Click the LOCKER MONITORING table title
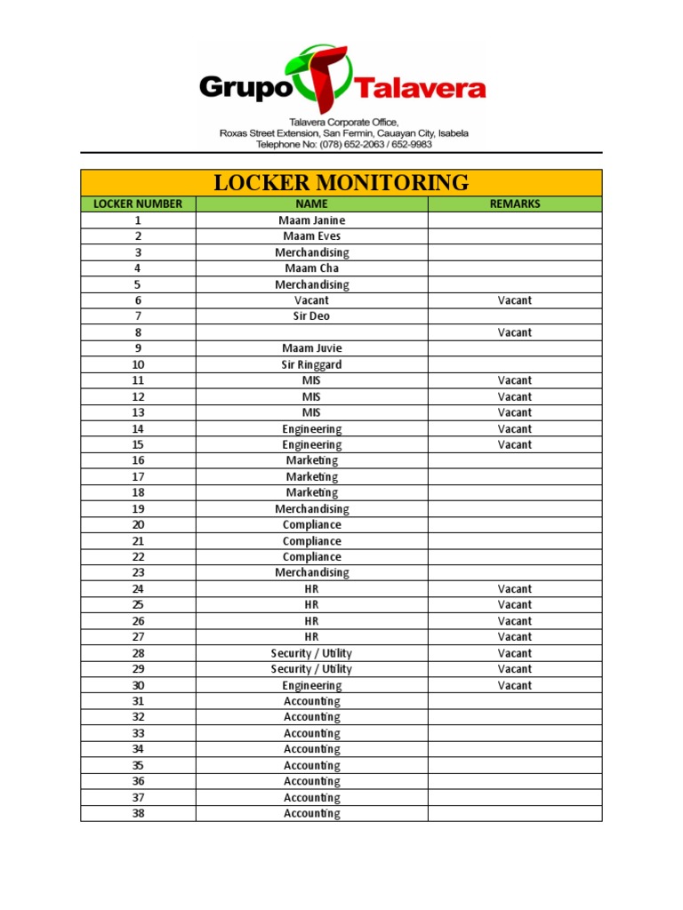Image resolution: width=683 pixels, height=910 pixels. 341,183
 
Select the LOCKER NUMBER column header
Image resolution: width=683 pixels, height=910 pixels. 138,204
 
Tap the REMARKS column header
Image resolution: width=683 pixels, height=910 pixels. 514,204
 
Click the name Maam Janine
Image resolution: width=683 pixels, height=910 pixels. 311,220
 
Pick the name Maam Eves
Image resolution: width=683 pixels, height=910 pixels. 311,236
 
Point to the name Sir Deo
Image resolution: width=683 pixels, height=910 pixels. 311,316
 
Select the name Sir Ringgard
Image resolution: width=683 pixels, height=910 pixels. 311,364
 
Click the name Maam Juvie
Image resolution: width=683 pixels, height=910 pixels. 311,348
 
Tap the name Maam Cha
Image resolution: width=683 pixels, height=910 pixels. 311,268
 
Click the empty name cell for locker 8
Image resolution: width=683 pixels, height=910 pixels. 311,332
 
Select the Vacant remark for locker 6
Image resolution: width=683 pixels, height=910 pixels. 514,300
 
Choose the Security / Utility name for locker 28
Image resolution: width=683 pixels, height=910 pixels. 311,653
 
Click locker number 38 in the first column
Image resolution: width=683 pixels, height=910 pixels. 138,813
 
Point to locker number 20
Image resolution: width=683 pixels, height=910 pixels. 138,525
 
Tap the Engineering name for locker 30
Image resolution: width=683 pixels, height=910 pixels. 311,685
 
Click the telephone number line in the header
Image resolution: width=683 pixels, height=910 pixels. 343,144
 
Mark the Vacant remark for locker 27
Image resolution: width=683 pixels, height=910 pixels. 514,637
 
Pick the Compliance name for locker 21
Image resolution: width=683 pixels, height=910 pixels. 311,541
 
